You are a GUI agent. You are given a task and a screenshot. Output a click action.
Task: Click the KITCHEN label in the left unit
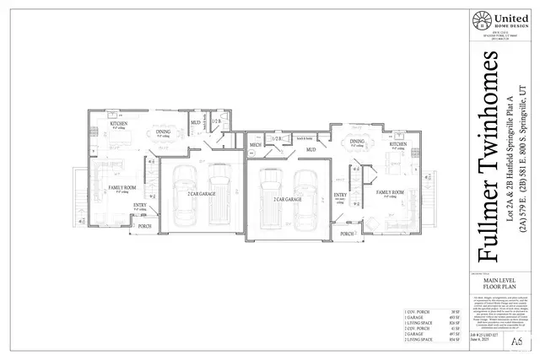(119, 124)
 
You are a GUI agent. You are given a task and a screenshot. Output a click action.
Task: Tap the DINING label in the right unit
(357, 141)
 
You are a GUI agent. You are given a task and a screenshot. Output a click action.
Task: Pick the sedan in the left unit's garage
(184, 196)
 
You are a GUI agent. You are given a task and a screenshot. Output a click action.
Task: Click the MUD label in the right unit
(310, 149)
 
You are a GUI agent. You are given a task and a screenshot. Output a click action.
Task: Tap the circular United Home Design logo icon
(482, 20)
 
